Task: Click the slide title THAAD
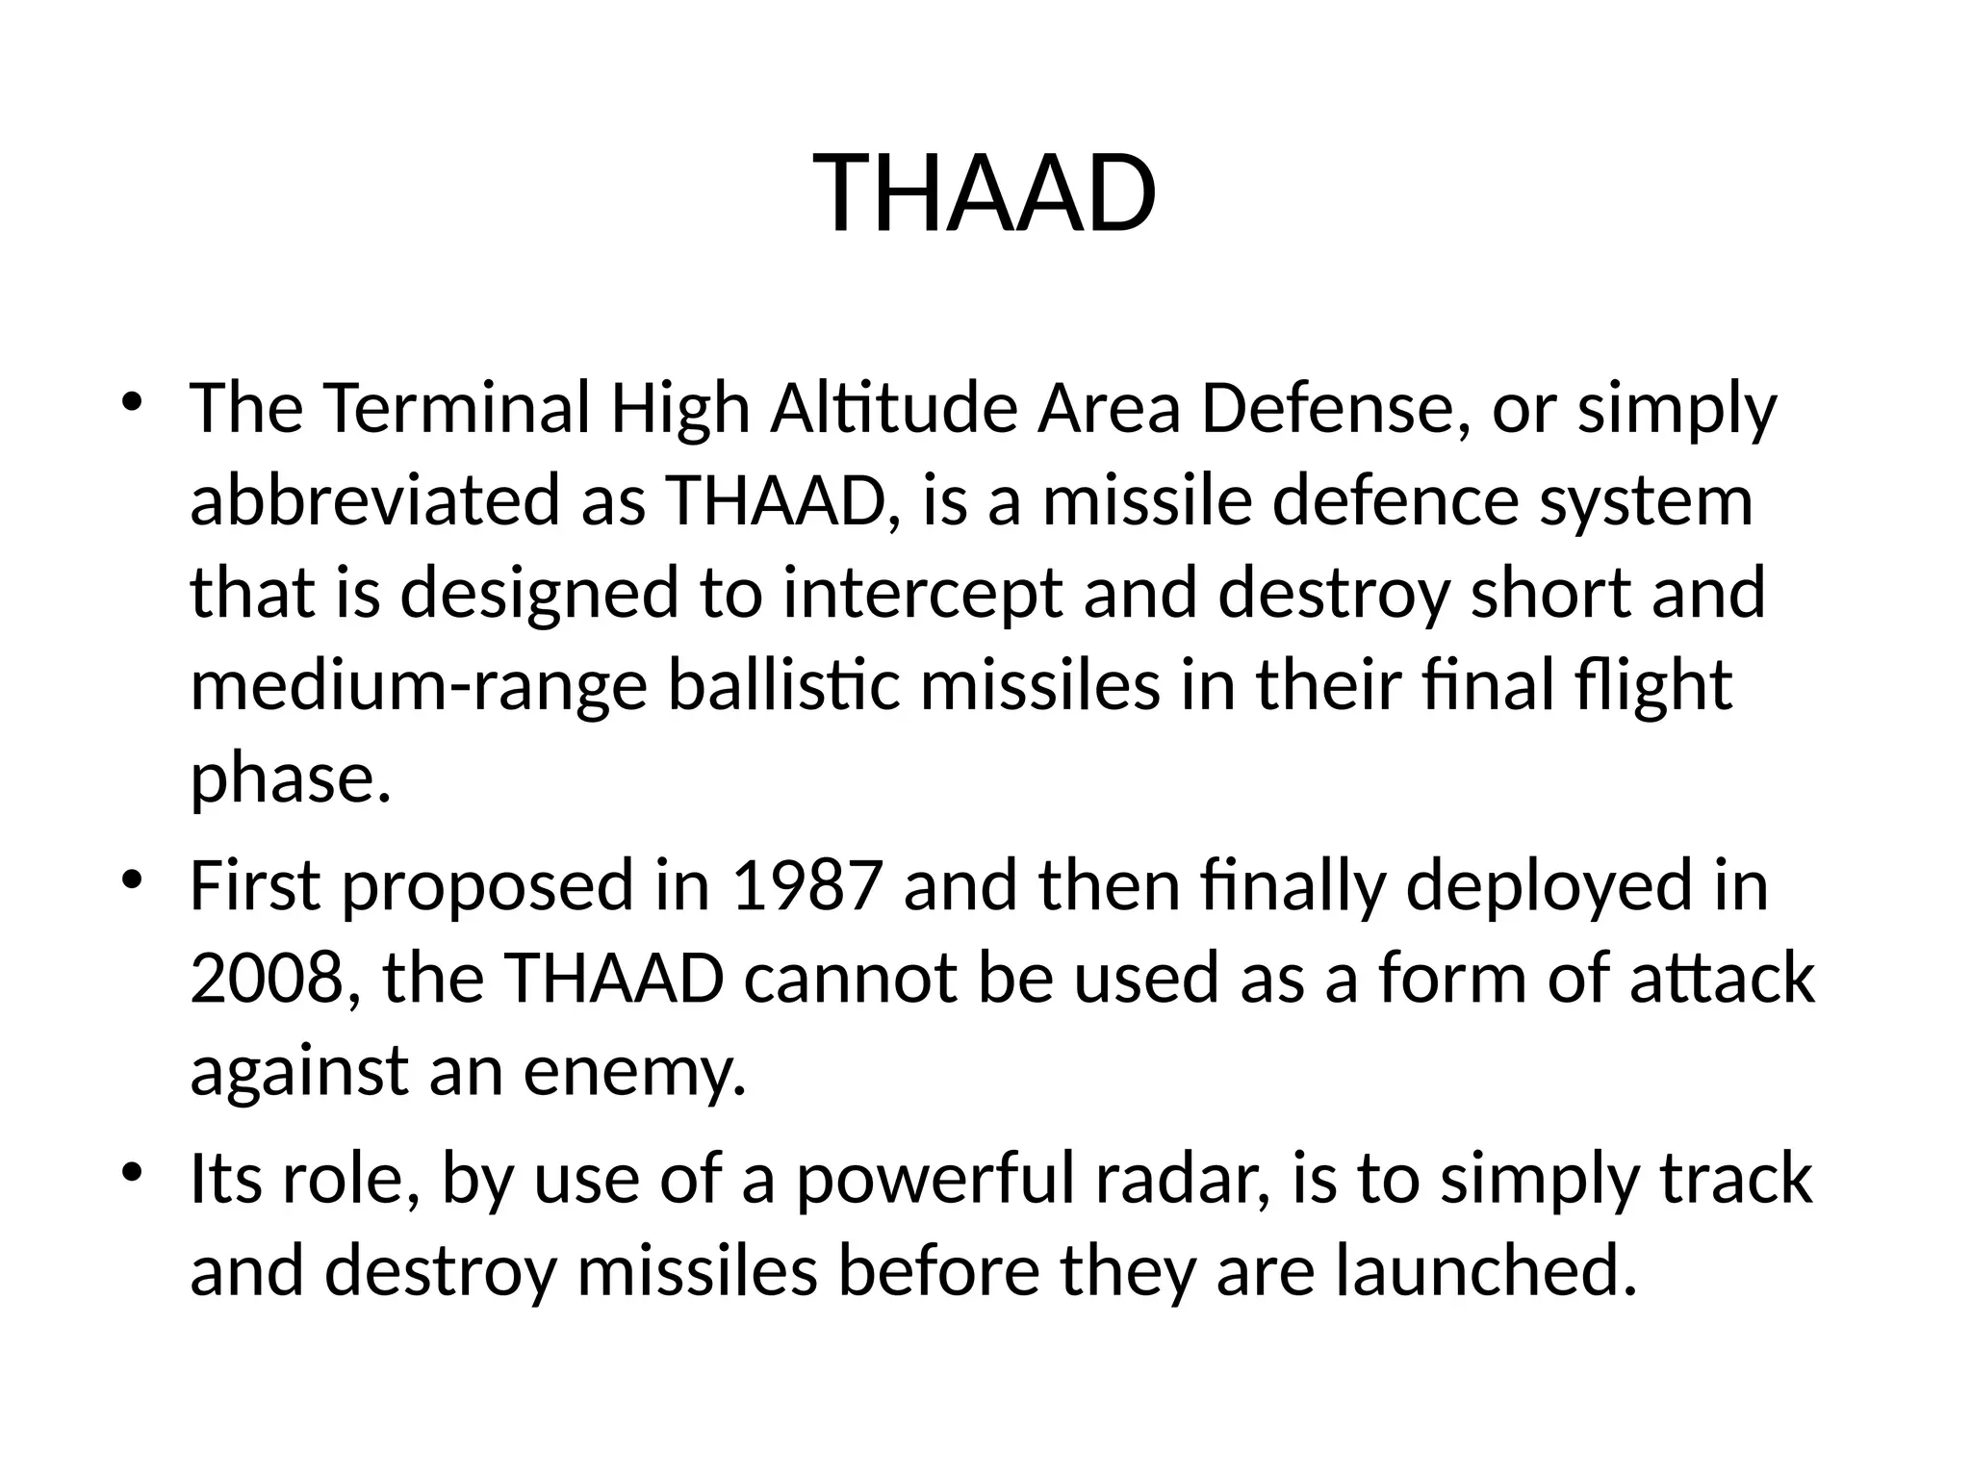985,193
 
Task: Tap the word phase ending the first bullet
289,778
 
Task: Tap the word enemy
634,1071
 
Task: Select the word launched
1485,1271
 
